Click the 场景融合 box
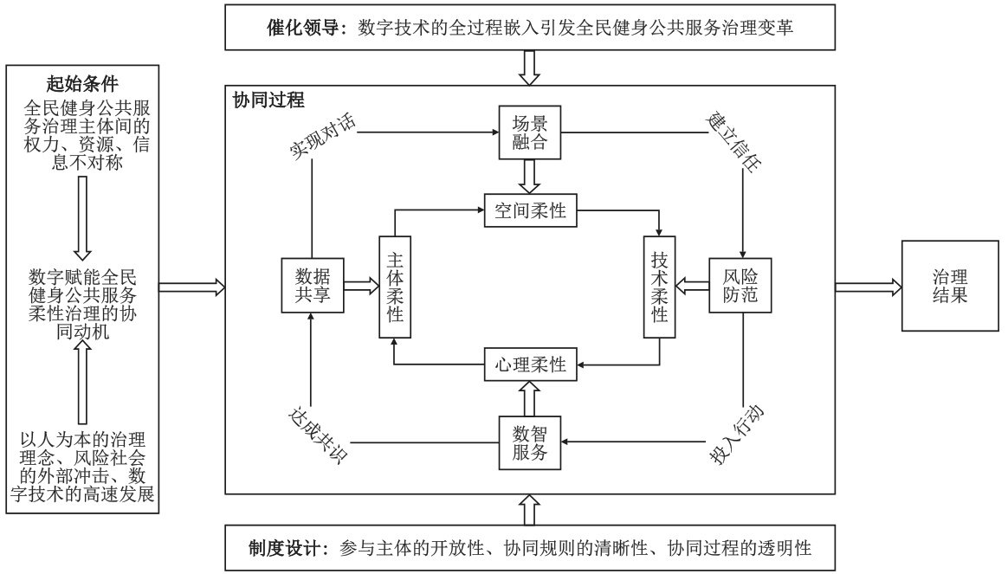click(526, 132)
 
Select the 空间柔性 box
click(530, 210)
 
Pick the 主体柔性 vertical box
click(394, 286)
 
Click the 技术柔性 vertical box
click(659, 286)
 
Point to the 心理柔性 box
click(530, 364)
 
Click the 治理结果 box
click(949, 286)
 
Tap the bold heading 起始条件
click(82, 84)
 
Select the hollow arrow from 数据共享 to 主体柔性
click(360, 286)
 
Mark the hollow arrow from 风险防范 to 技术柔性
click(693, 286)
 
